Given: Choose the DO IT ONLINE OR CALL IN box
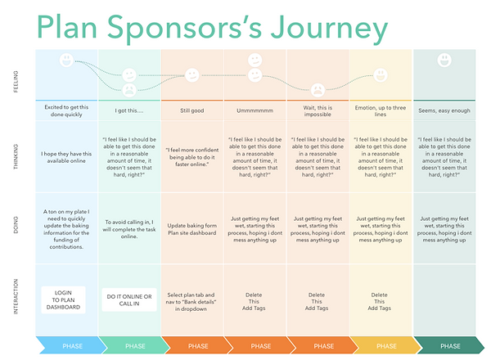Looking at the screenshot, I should click(x=128, y=299).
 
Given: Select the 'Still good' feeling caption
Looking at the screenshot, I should click(x=191, y=108).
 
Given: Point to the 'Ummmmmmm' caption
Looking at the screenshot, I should click(x=255, y=108).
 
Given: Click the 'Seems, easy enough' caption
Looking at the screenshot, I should click(x=444, y=108).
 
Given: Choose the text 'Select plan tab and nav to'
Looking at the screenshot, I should click(x=191, y=299).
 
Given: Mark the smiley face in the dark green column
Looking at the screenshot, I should click(x=444, y=60).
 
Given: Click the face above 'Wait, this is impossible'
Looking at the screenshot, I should click(x=318, y=88).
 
